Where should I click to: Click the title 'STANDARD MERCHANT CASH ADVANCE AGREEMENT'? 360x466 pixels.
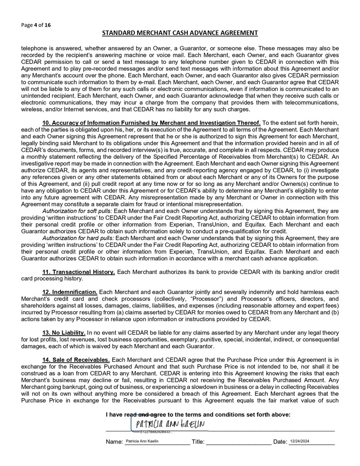point(180,33)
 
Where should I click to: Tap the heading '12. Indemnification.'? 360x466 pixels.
point(70,292)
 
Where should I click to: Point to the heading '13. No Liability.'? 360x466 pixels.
point(64,332)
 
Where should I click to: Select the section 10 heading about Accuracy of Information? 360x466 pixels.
point(151,122)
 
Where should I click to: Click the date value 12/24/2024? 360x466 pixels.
point(301,441)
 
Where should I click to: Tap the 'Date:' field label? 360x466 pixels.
point(280,442)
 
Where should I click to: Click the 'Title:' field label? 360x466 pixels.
point(198,442)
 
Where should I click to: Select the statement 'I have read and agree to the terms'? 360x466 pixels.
point(198,415)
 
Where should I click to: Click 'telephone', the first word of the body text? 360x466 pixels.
point(36,48)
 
